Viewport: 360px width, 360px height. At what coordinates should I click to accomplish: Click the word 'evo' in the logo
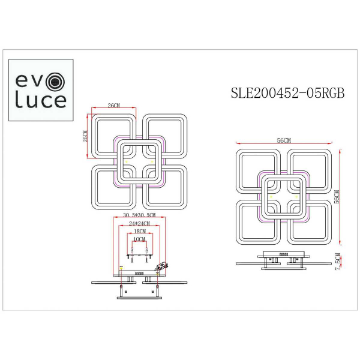click(x=37, y=80)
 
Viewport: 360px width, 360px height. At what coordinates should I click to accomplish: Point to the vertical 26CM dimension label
click(x=85, y=136)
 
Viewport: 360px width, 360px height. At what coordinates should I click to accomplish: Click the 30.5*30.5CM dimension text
click(x=139, y=215)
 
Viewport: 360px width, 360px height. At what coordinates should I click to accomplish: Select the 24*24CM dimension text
click(x=139, y=223)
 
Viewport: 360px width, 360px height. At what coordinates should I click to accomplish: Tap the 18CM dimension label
click(x=139, y=231)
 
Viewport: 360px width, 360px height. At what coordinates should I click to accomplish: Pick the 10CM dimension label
click(x=139, y=239)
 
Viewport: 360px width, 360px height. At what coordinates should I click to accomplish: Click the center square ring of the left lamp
click(x=139, y=162)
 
